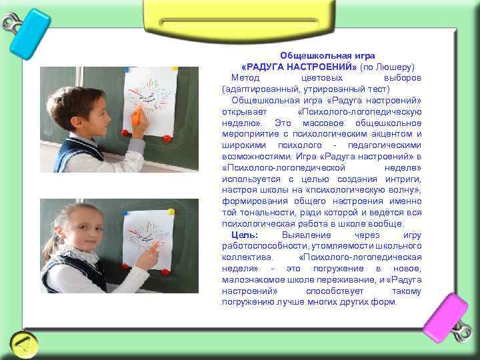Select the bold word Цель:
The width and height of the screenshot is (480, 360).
245,236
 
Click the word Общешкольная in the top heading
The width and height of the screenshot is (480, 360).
303,55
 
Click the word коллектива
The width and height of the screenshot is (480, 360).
244,257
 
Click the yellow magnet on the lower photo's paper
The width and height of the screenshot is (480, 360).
171,212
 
